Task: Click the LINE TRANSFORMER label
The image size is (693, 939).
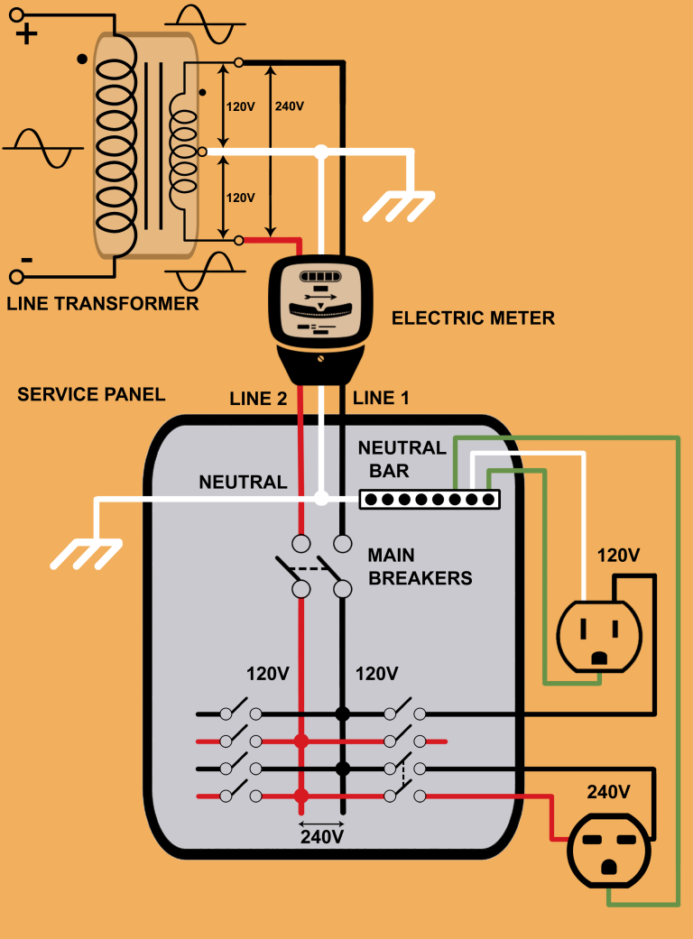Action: [x=102, y=304]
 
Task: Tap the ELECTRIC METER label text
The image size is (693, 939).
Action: [x=473, y=318]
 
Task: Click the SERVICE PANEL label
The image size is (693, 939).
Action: [x=91, y=394]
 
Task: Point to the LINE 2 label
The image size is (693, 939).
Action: [x=258, y=398]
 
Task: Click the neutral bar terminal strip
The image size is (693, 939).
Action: [x=430, y=499]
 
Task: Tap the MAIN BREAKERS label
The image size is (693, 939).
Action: [x=420, y=566]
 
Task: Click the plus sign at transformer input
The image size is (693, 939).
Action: [x=27, y=35]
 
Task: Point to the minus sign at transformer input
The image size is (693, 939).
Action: [x=27, y=260]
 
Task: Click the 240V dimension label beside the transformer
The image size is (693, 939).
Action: [x=289, y=106]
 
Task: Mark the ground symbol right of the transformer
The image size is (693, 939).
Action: [x=397, y=205]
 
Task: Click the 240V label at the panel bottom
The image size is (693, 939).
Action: [x=321, y=836]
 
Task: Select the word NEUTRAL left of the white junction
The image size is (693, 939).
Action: [x=243, y=483]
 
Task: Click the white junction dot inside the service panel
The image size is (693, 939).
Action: [x=321, y=498]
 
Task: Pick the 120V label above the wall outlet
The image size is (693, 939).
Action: [x=618, y=555]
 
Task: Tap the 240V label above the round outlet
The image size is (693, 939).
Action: [x=608, y=792]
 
